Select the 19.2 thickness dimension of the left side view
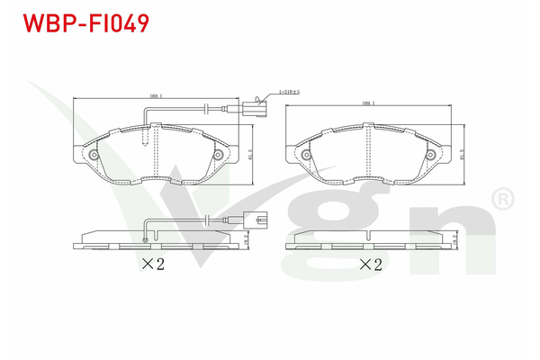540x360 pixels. pos(247,240)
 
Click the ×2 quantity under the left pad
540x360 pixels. pos(152,264)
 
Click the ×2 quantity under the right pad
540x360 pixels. pos(372,265)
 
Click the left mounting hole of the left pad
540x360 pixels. pos(91,155)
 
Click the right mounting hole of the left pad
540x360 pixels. pos(219,155)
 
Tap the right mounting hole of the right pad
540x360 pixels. pos(434,155)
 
